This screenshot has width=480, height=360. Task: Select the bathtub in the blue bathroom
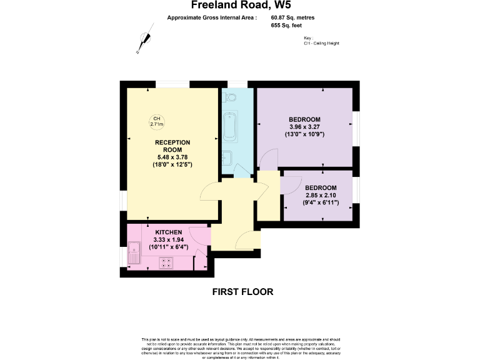click(229, 127)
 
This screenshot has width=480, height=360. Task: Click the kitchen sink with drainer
click(134, 255)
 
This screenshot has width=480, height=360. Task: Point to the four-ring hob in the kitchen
click(166, 263)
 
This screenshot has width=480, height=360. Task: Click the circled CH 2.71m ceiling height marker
click(156, 122)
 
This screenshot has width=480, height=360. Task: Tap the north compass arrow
click(145, 41)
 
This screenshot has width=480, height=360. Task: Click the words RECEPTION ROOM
click(172, 146)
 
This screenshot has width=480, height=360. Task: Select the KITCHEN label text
click(169, 232)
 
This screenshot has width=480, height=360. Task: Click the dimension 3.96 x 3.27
click(305, 127)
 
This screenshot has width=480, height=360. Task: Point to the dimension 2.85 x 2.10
click(321, 195)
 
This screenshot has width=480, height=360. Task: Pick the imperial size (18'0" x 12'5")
click(172, 164)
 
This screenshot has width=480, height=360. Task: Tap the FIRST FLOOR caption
click(243, 292)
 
